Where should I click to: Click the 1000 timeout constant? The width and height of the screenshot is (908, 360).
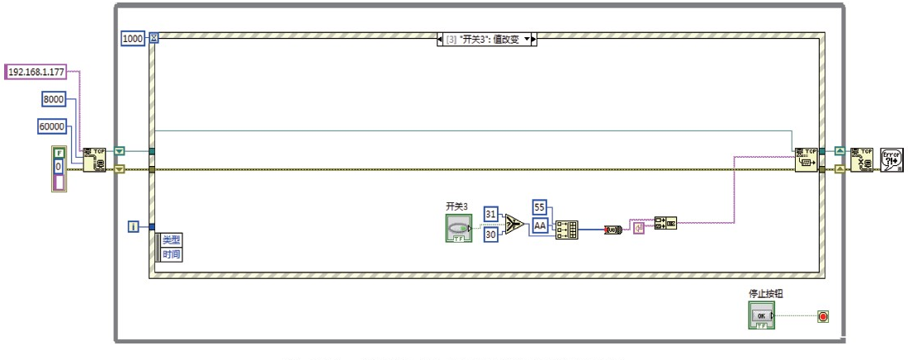133,38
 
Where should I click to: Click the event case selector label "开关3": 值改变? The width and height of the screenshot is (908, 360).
486,39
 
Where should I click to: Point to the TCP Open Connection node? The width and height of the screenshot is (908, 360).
93,159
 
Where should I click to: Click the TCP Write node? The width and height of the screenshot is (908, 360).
806,159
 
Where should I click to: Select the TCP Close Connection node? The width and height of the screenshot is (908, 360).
861,159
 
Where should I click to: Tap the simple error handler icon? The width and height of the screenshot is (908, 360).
893,159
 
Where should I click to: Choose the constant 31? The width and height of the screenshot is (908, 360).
491,214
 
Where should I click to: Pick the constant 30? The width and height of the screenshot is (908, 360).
491,235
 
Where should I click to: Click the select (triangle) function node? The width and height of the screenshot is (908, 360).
513,225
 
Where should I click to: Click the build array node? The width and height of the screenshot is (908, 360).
567,229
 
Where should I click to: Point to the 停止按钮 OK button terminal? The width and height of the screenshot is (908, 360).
761,315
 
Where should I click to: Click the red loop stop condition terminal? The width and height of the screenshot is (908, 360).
822,316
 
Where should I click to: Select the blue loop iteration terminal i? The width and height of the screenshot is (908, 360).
133,226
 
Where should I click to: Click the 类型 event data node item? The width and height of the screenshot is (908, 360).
171,240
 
